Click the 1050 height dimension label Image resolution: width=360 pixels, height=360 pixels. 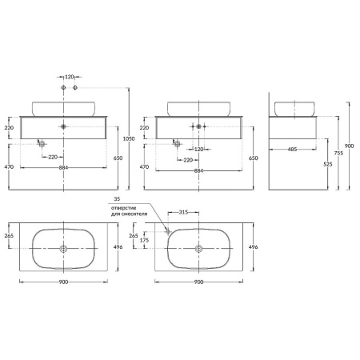coord(129,138)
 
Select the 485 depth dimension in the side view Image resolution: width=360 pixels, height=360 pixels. coord(292,150)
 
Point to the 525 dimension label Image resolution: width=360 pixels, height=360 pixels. coord(328,164)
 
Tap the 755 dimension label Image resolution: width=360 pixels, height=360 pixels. coord(338,153)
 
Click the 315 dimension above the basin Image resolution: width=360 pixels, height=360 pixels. coord(183,212)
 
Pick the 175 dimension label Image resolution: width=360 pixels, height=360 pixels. coord(144,240)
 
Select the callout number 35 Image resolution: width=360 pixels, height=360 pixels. coord(117,199)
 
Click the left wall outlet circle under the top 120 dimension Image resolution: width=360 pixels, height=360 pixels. coord(63,87)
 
